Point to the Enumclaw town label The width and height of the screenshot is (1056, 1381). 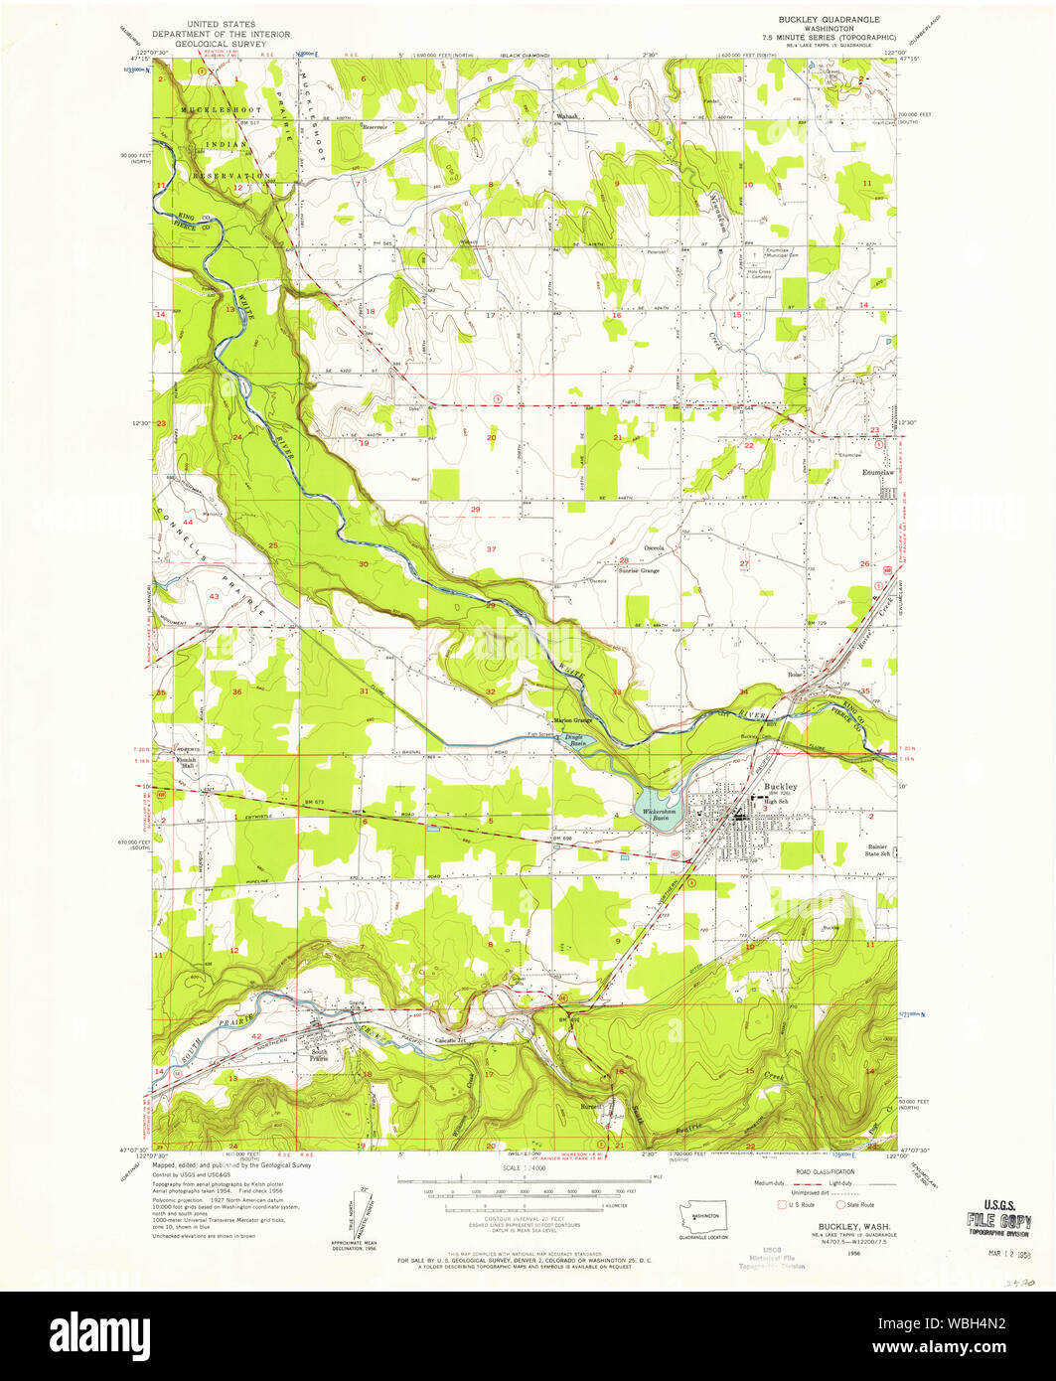(875, 472)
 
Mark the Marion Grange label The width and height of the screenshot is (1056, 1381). (572, 720)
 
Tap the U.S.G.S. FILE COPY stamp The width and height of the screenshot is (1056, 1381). (997, 1218)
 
